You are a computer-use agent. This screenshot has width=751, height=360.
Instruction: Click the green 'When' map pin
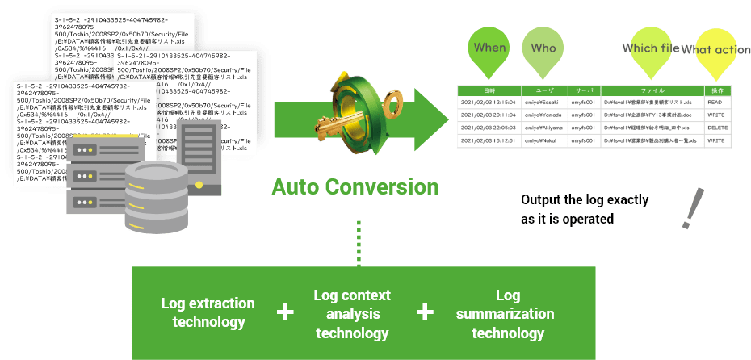click(489, 48)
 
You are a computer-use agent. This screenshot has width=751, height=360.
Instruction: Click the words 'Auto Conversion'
click(355, 187)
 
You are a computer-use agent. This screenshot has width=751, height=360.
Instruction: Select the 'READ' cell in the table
click(715, 103)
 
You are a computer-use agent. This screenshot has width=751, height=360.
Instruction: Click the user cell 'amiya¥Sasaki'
click(544, 103)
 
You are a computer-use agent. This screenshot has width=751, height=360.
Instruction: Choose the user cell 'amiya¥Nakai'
click(541, 140)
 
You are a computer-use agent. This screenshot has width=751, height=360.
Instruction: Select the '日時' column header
click(489, 90)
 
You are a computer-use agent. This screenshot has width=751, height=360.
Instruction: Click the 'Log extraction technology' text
click(208, 312)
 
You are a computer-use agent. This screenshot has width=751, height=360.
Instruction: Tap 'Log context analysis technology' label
click(352, 314)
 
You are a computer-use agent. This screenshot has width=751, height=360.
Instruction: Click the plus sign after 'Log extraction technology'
click(284, 312)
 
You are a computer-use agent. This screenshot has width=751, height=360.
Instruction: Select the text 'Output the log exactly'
click(585, 200)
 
